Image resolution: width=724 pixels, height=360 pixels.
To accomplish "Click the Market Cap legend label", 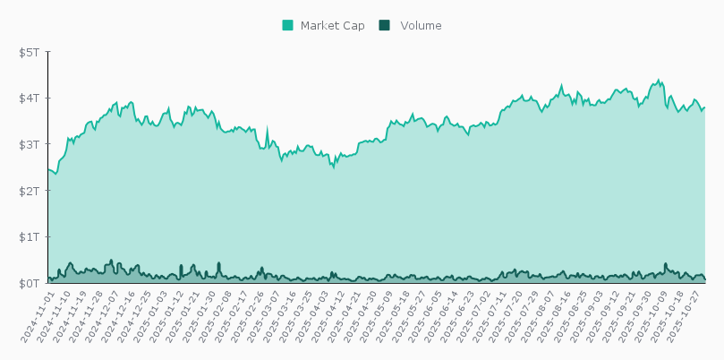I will [332, 26].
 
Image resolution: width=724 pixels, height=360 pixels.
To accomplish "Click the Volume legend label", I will [421, 26].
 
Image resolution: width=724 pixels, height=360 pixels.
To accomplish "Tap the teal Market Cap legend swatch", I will [288, 26].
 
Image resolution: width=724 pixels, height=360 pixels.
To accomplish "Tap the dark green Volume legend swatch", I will [385, 26].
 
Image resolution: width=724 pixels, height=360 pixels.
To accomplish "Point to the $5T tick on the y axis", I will [30, 52].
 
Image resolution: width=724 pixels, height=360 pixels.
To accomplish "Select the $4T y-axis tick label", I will [30, 99].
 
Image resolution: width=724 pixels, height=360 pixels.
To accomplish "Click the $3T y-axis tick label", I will [30, 144].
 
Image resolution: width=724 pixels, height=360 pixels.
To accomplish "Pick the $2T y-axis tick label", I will [30, 191].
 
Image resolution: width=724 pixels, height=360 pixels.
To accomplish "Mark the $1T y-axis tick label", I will [30, 237].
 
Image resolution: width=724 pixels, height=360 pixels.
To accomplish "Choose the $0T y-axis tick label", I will [30, 283].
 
